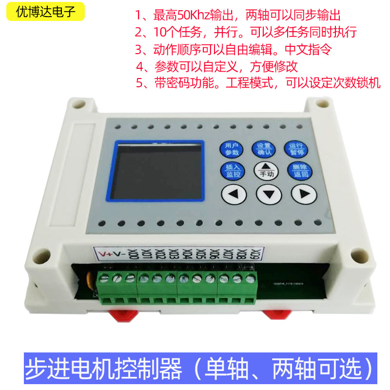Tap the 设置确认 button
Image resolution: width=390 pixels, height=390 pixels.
coord(264,148)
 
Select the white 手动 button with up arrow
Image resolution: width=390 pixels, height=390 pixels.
coord(265,170)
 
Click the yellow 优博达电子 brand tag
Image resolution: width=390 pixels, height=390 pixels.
coord(45,12)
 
